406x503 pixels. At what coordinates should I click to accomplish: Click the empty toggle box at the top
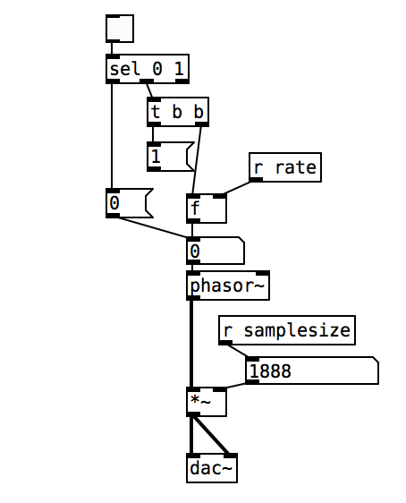[120, 29]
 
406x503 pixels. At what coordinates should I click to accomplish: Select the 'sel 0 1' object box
[147, 69]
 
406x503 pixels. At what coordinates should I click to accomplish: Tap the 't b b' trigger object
[178, 112]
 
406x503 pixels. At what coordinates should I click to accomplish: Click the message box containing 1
[171, 157]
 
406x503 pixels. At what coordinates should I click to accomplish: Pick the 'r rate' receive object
[285, 167]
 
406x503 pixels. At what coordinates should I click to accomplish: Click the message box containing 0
[130, 203]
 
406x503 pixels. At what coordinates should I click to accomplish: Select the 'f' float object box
[207, 209]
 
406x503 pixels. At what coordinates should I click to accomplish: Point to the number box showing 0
[216, 251]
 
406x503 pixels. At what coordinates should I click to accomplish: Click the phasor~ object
[228, 286]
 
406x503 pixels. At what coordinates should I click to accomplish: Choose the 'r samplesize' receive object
[287, 330]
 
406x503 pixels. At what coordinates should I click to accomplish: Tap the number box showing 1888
[312, 371]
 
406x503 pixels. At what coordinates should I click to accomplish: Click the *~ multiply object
[207, 402]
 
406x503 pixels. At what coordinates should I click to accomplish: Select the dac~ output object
[212, 468]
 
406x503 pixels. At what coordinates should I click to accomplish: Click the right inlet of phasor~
[263, 273]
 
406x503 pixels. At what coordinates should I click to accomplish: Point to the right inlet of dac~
[231, 456]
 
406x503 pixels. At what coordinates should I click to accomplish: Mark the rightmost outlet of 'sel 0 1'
[182, 81]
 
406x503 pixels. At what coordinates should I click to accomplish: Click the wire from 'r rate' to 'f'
[237, 188]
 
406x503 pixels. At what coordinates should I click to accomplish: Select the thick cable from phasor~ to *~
[191, 344]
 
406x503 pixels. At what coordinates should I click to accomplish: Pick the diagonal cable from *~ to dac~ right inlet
[211, 435]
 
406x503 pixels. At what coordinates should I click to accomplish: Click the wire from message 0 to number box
[153, 227]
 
